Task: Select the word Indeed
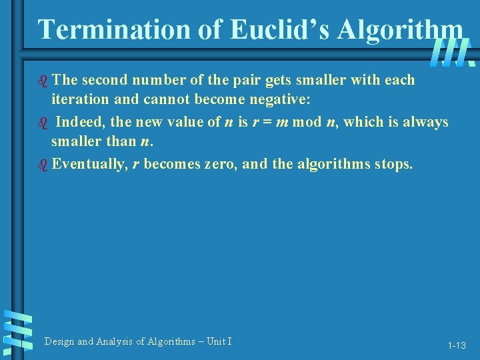pos(77,122)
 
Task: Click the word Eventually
pos(89,164)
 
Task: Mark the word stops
pos(393,164)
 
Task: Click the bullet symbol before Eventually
pos(44,164)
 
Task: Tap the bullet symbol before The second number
pos(44,80)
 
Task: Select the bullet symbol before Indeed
pos(44,122)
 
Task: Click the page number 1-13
pos(457,345)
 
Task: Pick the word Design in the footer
pos(59,341)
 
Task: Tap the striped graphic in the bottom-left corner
pos(19,330)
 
